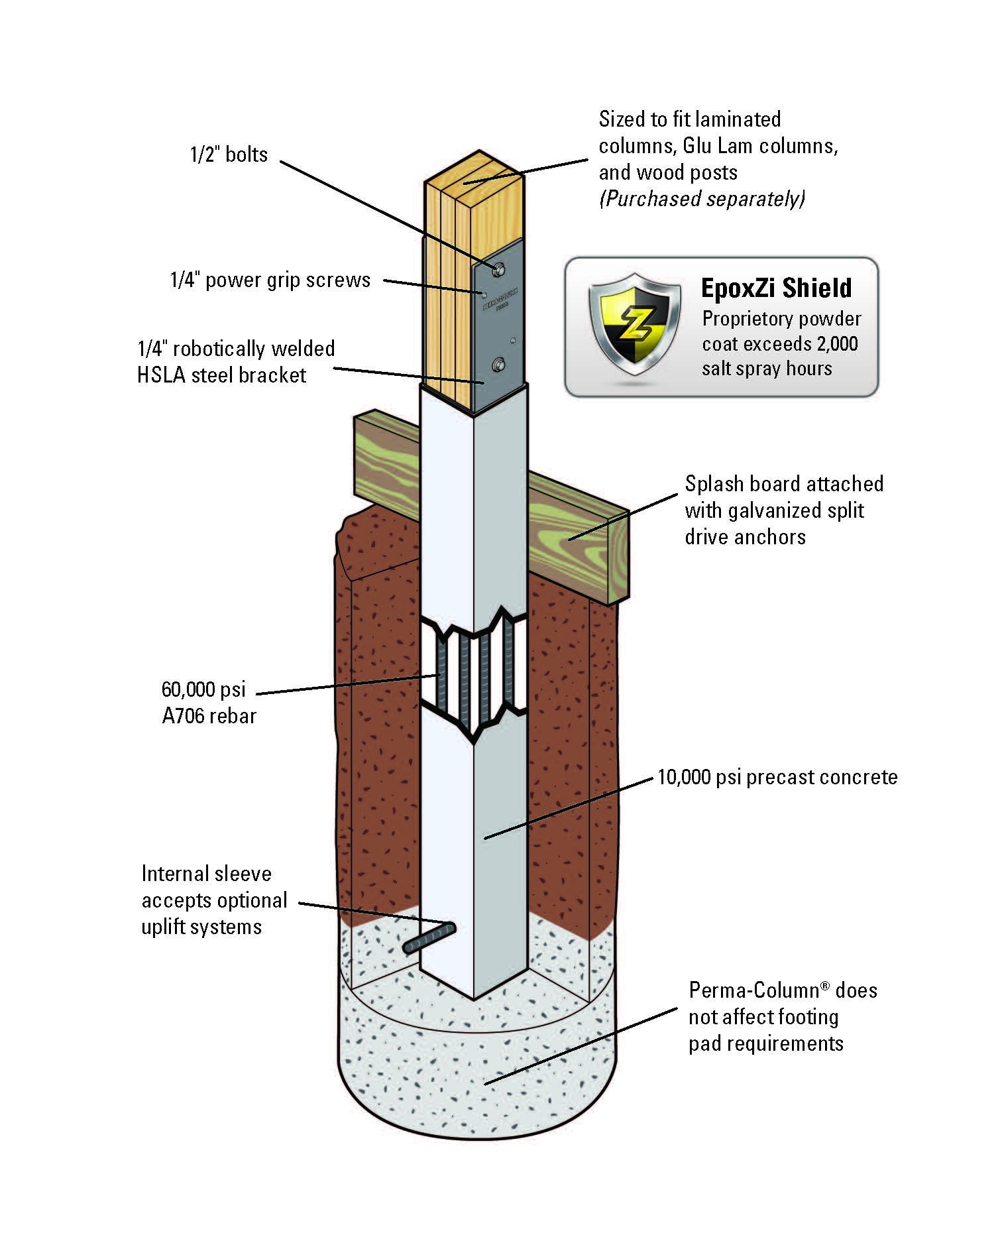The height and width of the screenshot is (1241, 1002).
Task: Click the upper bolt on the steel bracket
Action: [498, 268]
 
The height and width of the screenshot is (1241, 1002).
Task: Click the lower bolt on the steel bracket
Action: [498, 363]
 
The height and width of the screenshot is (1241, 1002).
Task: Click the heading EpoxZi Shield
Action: [776, 288]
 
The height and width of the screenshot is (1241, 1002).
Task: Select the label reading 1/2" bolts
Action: [229, 154]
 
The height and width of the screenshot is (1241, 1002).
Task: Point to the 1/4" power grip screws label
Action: [270, 280]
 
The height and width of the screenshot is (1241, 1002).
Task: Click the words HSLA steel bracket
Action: [221, 375]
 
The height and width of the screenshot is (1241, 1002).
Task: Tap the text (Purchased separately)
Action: [702, 198]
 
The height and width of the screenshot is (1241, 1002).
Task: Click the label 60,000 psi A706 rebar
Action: [208, 703]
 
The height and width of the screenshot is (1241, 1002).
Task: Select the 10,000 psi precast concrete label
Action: [777, 777]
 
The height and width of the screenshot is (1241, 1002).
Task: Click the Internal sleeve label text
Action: [206, 874]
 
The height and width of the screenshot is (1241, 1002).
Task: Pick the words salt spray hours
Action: [767, 368]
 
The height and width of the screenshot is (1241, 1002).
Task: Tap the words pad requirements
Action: [765, 1043]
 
